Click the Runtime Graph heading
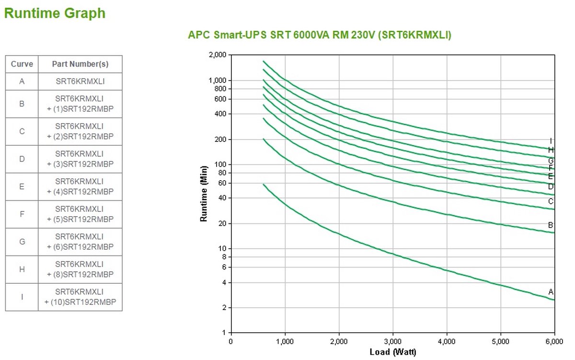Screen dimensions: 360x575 (55, 13)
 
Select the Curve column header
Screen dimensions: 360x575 (22, 64)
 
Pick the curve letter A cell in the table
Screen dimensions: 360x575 (22, 81)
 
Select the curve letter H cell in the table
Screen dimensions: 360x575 (22, 269)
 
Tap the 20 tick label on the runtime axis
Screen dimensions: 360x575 (222, 224)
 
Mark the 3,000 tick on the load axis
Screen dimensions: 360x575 (393, 342)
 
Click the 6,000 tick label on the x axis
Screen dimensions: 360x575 (554, 342)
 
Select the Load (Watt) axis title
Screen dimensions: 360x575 (393, 352)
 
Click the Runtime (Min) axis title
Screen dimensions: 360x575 (203, 194)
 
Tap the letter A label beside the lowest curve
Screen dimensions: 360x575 (551, 292)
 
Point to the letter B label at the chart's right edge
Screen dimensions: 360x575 (551, 225)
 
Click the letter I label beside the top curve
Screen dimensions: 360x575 (551, 141)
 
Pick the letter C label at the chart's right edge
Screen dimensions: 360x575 (551, 201)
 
